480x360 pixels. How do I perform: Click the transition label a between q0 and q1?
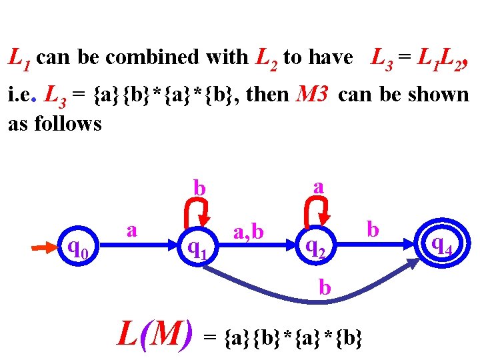coord(132,230)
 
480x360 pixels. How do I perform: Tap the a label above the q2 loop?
coord(319,185)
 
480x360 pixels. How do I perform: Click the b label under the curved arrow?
coord(325,287)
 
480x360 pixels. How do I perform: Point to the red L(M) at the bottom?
coord(155,333)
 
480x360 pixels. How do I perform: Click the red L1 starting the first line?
coord(19,59)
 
